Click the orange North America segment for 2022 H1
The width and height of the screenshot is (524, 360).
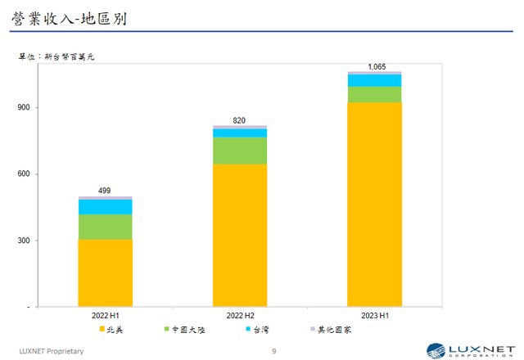point(105,272)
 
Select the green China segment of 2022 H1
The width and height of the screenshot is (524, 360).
point(105,226)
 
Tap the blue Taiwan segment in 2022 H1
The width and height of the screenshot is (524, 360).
point(105,206)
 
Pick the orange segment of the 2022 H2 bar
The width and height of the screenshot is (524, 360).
point(240,235)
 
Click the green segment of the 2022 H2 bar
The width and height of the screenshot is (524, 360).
point(240,151)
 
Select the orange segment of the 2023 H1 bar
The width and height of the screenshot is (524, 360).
point(374,204)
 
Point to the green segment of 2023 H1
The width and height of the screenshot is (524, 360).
point(374,94)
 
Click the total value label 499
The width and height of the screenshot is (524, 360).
point(105,191)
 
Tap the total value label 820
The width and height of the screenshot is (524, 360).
point(240,120)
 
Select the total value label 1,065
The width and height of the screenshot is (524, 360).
point(375,66)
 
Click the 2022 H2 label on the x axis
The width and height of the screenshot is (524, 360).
point(240,315)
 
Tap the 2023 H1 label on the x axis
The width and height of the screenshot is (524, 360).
point(374,315)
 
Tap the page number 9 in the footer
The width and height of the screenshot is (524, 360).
point(274,350)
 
